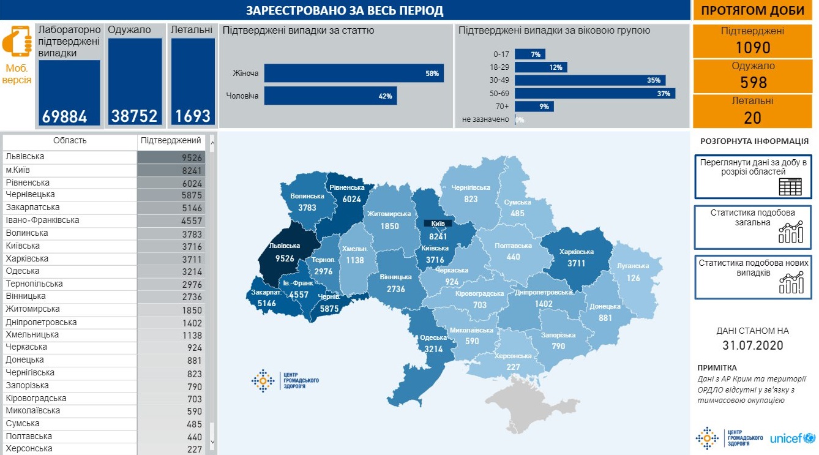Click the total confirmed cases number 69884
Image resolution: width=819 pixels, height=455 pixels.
click(x=65, y=116)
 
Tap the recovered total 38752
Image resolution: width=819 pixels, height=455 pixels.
click(x=135, y=116)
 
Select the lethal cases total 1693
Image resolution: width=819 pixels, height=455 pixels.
click(x=193, y=116)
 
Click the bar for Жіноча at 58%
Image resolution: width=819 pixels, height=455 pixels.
click(x=354, y=73)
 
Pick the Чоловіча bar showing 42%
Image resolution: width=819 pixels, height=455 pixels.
click(x=331, y=96)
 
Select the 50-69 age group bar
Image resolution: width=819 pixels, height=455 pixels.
click(x=594, y=94)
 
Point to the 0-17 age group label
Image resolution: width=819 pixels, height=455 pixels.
click(x=501, y=54)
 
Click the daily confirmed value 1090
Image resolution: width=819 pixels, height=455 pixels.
click(x=752, y=48)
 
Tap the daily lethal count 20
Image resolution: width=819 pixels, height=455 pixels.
click(x=752, y=117)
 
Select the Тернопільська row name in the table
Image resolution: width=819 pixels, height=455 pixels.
click(x=34, y=284)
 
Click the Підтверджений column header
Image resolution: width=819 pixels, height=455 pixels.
click(x=171, y=141)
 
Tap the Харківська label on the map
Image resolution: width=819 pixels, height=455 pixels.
click(x=577, y=252)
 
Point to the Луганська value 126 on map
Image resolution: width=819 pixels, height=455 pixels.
click(x=632, y=277)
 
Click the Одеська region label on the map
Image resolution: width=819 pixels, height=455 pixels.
click(x=433, y=337)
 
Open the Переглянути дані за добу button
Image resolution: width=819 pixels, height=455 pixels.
click(x=753, y=176)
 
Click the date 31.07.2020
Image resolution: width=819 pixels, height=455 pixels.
click(x=752, y=345)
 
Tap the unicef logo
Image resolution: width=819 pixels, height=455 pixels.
click(x=792, y=438)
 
